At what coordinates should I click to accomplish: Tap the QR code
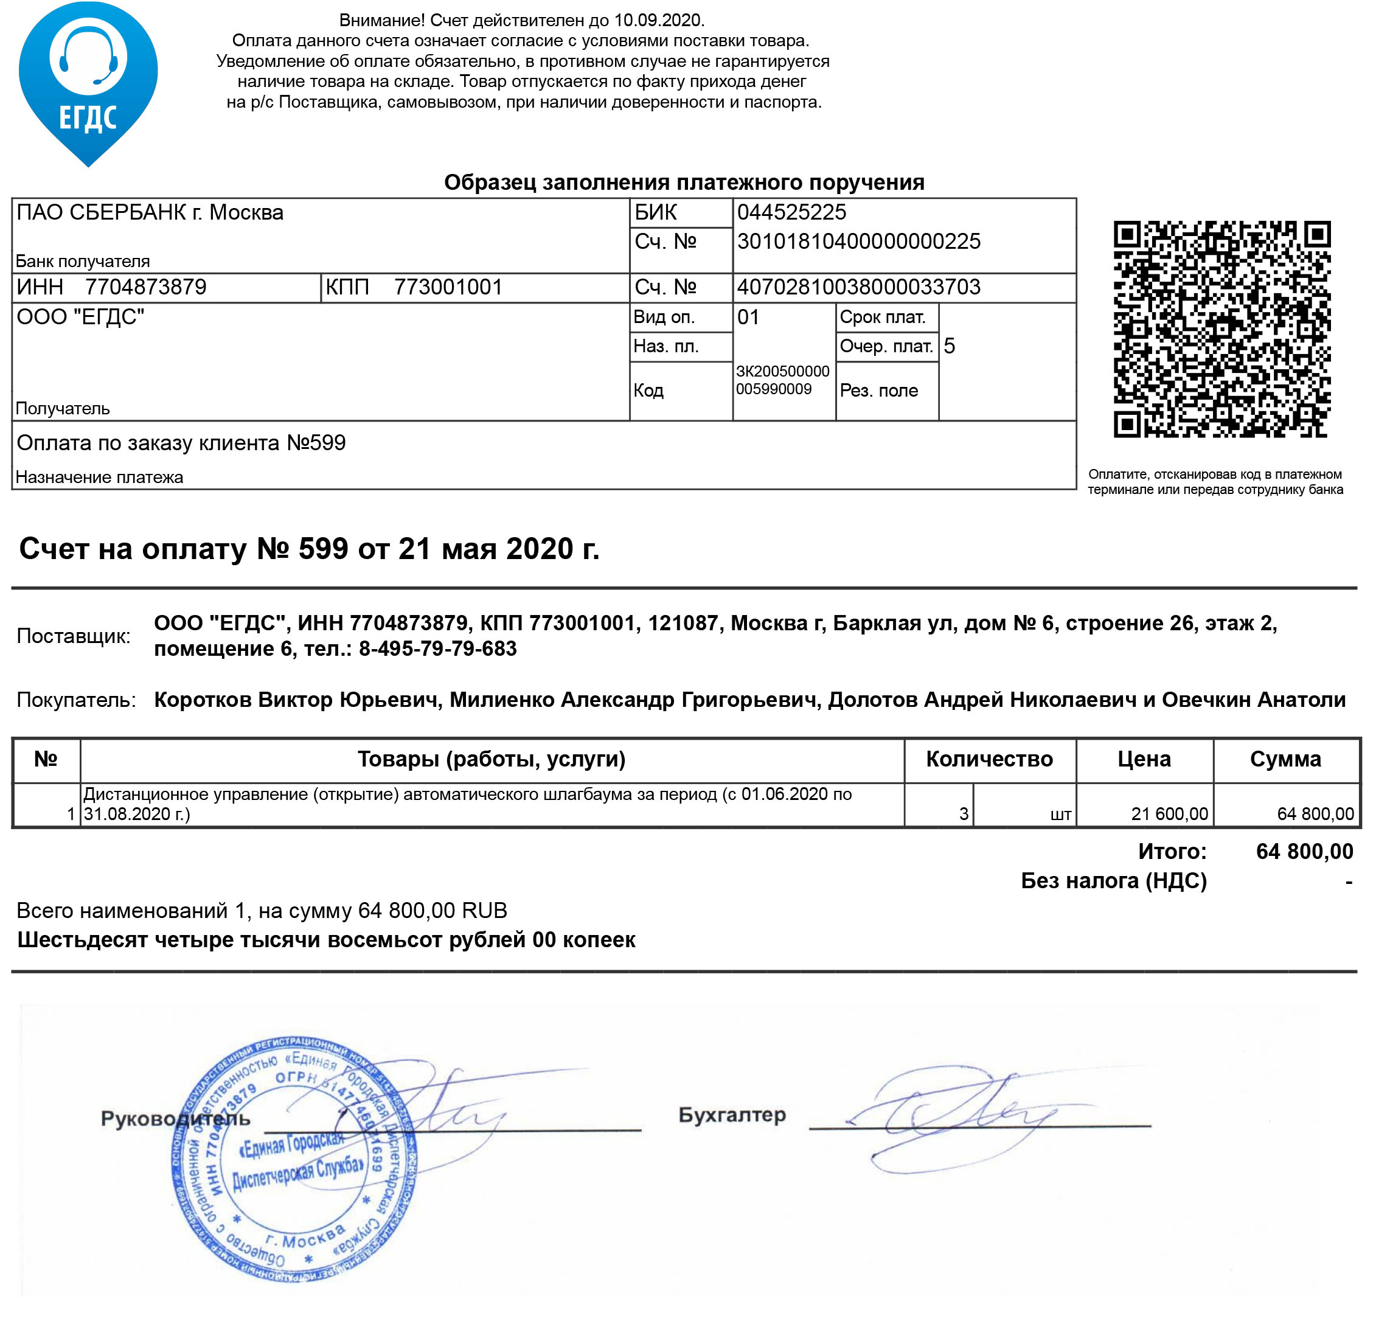click(x=1221, y=329)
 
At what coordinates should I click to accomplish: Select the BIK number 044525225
click(x=791, y=212)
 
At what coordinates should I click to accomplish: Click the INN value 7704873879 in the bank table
click(x=146, y=288)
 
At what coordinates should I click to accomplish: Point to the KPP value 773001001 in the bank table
click(x=448, y=288)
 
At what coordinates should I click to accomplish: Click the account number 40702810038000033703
click(x=858, y=287)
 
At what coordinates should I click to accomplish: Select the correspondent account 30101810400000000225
click(x=858, y=242)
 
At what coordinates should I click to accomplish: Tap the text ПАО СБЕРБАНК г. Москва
click(x=150, y=212)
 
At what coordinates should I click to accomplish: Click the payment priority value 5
click(x=949, y=346)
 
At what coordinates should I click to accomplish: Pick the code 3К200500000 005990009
click(x=782, y=380)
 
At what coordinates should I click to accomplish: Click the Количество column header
click(x=989, y=759)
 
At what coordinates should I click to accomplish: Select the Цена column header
click(x=1144, y=759)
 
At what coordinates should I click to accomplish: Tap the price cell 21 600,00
click(x=1169, y=814)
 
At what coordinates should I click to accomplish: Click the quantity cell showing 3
click(x=963, y=814)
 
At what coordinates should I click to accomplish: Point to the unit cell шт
click(x=1060, y=815)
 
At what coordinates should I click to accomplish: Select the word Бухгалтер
click(x=731, y=1115)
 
